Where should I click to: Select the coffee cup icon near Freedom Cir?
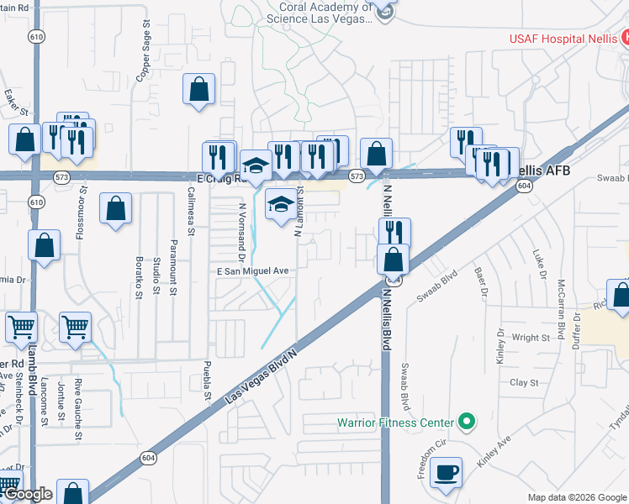[446, 472]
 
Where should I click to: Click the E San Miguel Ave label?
[253, 271]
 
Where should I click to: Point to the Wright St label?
[530, 338]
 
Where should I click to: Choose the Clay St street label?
[524, 382]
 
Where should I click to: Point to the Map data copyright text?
[577, 497]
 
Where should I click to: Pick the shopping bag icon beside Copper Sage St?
[198, 89]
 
